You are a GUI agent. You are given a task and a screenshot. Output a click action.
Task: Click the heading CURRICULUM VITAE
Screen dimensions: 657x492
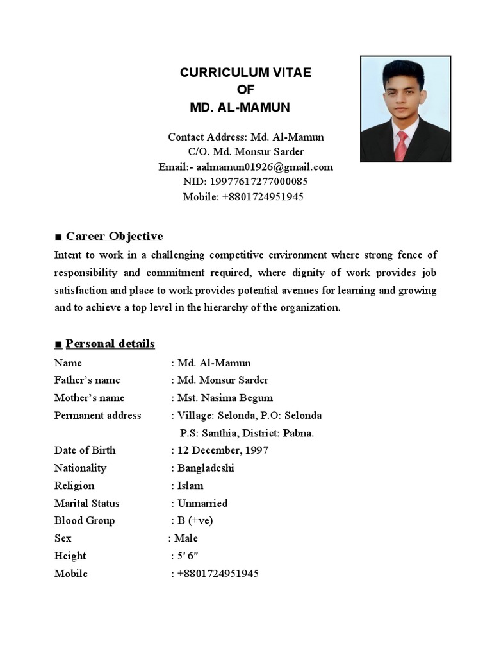click(x=245, y=73)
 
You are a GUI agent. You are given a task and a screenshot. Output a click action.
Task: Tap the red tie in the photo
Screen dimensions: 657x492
click(x=401, y=146)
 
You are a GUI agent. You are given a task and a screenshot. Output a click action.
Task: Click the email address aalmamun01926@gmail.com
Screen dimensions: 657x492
click(x=265, y=167)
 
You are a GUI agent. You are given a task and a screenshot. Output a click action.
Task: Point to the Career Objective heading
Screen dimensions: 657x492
click(x=114, y=236)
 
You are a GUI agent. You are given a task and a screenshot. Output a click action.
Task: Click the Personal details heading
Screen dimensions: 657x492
click(x=110, y=344)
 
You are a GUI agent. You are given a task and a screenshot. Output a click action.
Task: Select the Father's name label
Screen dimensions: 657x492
click(x=87, y=380)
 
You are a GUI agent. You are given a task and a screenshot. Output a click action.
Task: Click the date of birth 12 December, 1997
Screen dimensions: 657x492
click(x=223, y=450)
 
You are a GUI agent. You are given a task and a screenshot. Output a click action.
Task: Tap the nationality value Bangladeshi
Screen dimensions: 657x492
click(x=206, y=468)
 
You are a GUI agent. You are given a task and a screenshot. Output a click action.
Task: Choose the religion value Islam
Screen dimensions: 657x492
click(x=190, y=486)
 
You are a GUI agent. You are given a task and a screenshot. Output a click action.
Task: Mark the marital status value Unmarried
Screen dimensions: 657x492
click(x=202, y=503)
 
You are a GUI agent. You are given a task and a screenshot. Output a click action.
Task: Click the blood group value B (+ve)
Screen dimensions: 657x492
click(x=195, y=520)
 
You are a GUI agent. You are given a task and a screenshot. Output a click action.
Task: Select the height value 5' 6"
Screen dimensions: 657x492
click(x=191, y=556)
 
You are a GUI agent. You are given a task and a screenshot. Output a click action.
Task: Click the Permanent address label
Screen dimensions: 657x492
click(x=97, y=415)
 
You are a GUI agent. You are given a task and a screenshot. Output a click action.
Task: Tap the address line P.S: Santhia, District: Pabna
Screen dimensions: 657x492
click(x=247, y=433)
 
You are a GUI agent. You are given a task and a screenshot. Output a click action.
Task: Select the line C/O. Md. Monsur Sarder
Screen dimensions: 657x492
click(x=245, y=151)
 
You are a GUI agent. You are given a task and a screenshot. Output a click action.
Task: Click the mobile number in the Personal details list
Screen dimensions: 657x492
click(x=218, y=574)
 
